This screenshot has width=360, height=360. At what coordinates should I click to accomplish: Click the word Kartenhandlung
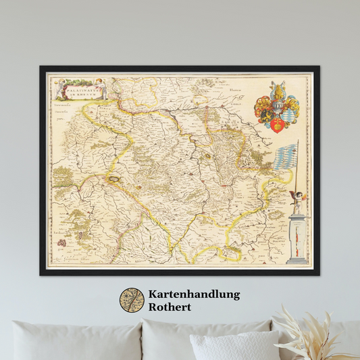(193, 294)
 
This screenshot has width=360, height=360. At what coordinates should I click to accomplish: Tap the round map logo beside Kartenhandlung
(132, 301)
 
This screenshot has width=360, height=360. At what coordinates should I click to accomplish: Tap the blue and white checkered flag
(286, 157)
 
